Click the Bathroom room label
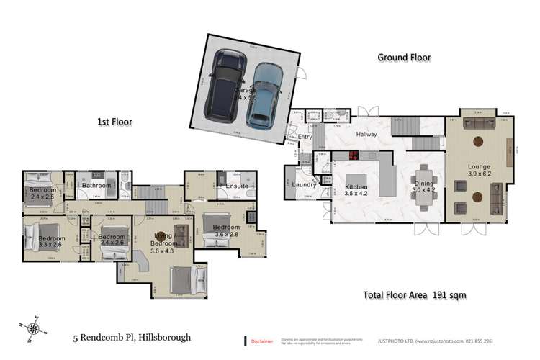coord(96,186)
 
